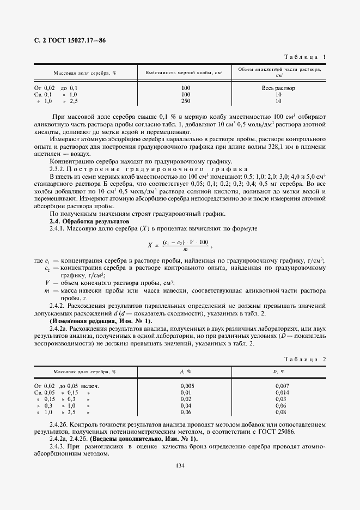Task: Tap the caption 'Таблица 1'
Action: tap(306, 57)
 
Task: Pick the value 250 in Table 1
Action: tap(186, 101)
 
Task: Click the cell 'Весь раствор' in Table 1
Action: tap(278, 88)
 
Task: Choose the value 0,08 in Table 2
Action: tap(281, 412)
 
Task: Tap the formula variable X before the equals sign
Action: tap(150, 245)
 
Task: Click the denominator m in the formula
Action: tap(185, 250)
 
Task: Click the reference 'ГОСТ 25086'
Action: tap(306, 430)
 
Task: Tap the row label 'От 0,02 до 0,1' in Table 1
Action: tap(56, 88)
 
